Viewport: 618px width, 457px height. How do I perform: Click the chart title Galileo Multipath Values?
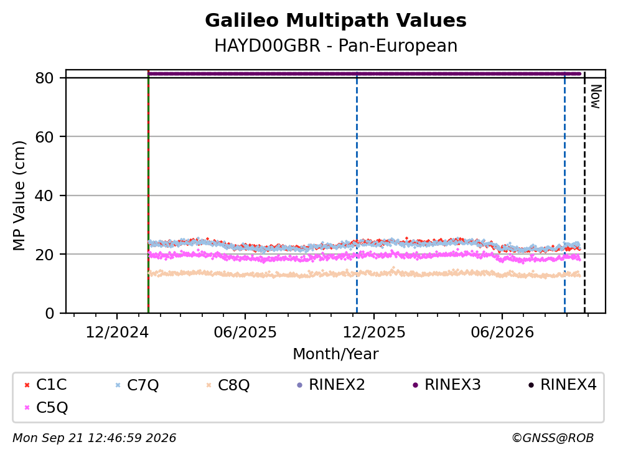click(x=335, y=21)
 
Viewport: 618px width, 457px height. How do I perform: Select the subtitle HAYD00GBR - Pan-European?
click(x=335, y=45)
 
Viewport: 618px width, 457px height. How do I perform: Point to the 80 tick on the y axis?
click(x=45, y=78)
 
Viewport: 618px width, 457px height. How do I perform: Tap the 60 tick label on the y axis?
click(x=45, y=137)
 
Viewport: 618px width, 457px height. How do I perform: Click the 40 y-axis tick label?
click(x=45, y=196)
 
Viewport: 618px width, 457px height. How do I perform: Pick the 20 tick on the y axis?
click(x=45, y=254)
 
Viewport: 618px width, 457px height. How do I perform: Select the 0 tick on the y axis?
click(x=50, y=313)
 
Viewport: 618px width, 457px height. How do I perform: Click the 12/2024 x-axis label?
click(x=117, y=332)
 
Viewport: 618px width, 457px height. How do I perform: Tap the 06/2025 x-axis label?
click(x=245, y=332)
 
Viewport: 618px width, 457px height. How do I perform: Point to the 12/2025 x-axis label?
click(x=373, y=332)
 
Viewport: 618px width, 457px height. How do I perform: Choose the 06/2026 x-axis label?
click(x=502, y=332)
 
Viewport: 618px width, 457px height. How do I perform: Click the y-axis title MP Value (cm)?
click(x=19, y=196)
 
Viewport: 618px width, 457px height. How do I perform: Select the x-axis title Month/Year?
click(x=335, y=354)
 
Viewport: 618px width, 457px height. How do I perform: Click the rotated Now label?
click(x=596, y=97)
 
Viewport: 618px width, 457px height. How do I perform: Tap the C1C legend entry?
click(x=45, y=384)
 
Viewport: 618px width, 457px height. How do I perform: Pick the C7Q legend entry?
click(x=136, y=384)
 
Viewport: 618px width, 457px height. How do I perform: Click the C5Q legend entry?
click(x=45, y=407)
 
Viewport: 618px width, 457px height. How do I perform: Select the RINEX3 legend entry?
click(x=447, y=384)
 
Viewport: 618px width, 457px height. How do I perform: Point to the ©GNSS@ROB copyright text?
click(x=553, y=438)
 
